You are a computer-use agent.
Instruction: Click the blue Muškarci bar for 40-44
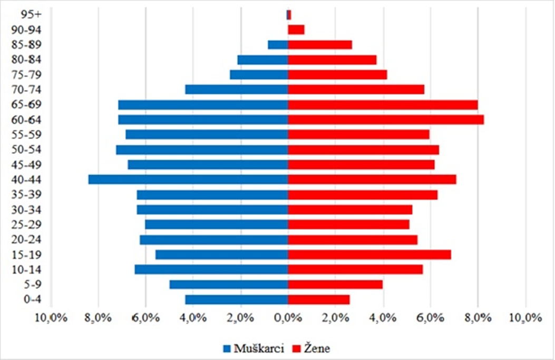[188, 180]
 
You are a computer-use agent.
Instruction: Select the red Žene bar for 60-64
[386, 120]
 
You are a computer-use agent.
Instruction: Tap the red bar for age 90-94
[296, 30]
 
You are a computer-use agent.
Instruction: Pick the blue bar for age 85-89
[278, 45]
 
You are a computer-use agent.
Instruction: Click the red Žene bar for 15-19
[369, 255]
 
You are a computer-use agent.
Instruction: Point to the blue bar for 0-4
[237, 300]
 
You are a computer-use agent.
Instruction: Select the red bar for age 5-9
[335, 285]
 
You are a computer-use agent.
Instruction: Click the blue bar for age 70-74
[237, 90]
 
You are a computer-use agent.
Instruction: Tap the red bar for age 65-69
[383, 105]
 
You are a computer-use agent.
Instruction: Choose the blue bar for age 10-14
[211, 270]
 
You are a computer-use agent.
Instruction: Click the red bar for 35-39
[363, 195]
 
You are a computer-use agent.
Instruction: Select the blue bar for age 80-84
[262, 60]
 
